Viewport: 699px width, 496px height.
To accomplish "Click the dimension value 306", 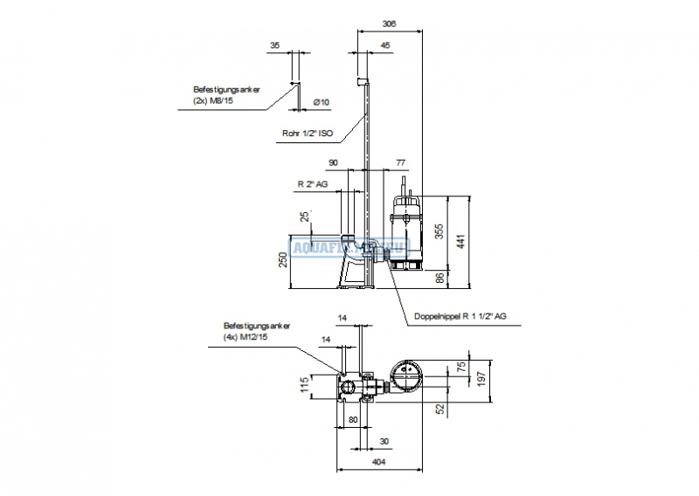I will point(390,24).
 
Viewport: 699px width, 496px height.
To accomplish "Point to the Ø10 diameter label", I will point(321,102).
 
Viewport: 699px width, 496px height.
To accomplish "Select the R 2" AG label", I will point(312,185).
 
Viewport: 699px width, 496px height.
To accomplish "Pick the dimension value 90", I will point(333,163).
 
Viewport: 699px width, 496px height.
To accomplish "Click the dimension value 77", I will point(400,163).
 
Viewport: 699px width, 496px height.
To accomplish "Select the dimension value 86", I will point(439,278).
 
